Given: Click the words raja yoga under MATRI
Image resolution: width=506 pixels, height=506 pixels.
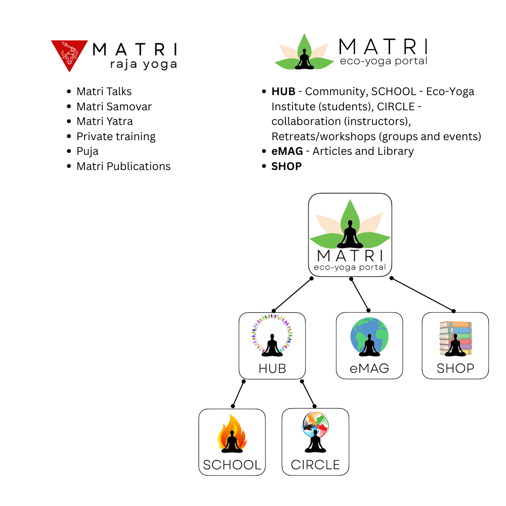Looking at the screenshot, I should pyautogui.click(x=143, y=64).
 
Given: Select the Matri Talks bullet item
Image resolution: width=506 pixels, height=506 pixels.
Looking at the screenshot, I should pyautogui.click(x=104, y=92).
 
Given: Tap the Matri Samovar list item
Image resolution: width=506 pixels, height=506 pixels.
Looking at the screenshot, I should pyautogui.click(x=114, y=107).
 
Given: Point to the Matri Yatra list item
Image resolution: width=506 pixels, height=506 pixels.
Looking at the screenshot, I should pyautogui.click(x=104, y=121).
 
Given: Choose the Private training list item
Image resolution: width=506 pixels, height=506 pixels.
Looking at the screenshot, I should pyautogui.click(x=116, y=137).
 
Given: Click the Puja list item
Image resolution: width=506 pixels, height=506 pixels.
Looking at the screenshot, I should pyautogui.click(x=87, y=151).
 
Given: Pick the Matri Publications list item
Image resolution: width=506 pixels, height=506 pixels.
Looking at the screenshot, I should pyautogui.click(x=123, y=166).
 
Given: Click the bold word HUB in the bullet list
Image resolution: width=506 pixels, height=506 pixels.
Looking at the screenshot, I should pyautogui.click(x=283, y=92).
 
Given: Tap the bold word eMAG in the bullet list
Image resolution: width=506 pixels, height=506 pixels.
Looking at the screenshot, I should pyautogui.click(x=287, y=151).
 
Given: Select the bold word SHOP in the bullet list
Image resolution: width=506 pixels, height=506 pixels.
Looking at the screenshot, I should pyautogui.click(x=286, y=166).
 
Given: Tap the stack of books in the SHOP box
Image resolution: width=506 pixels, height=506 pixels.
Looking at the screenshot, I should pyautogui.click(x=455, y=338).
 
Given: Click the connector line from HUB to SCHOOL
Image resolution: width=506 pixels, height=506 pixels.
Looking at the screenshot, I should pyautogui.click(x=238, y=393).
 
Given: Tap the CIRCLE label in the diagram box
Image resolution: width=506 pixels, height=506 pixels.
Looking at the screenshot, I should pyautogui.click(x=315, y=465).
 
